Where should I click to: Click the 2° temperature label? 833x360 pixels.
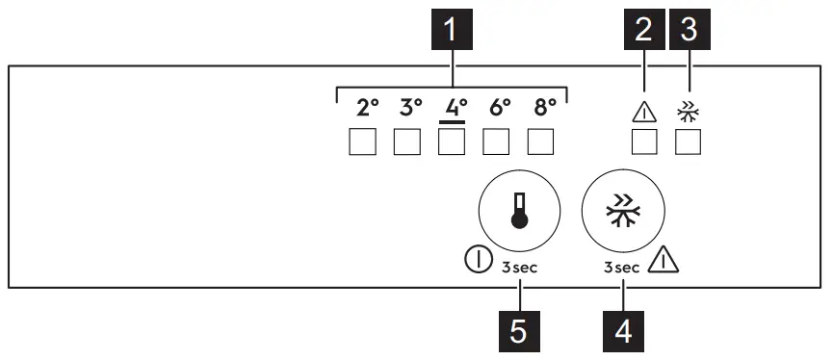click(366, 108)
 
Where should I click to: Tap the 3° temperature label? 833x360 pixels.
click(411, 108)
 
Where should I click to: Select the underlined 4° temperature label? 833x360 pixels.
click(455, 108)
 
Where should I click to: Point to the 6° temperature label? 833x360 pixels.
click(500, 108)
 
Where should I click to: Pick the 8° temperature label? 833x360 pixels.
click(544, 108)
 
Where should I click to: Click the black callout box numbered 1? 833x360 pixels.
click(454, 33)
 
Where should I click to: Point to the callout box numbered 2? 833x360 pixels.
click(643, 33)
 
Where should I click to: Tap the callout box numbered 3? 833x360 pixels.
click(689, 33)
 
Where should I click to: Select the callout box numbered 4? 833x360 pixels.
click(622, 331)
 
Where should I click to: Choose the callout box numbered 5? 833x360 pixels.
click(518, 331)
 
